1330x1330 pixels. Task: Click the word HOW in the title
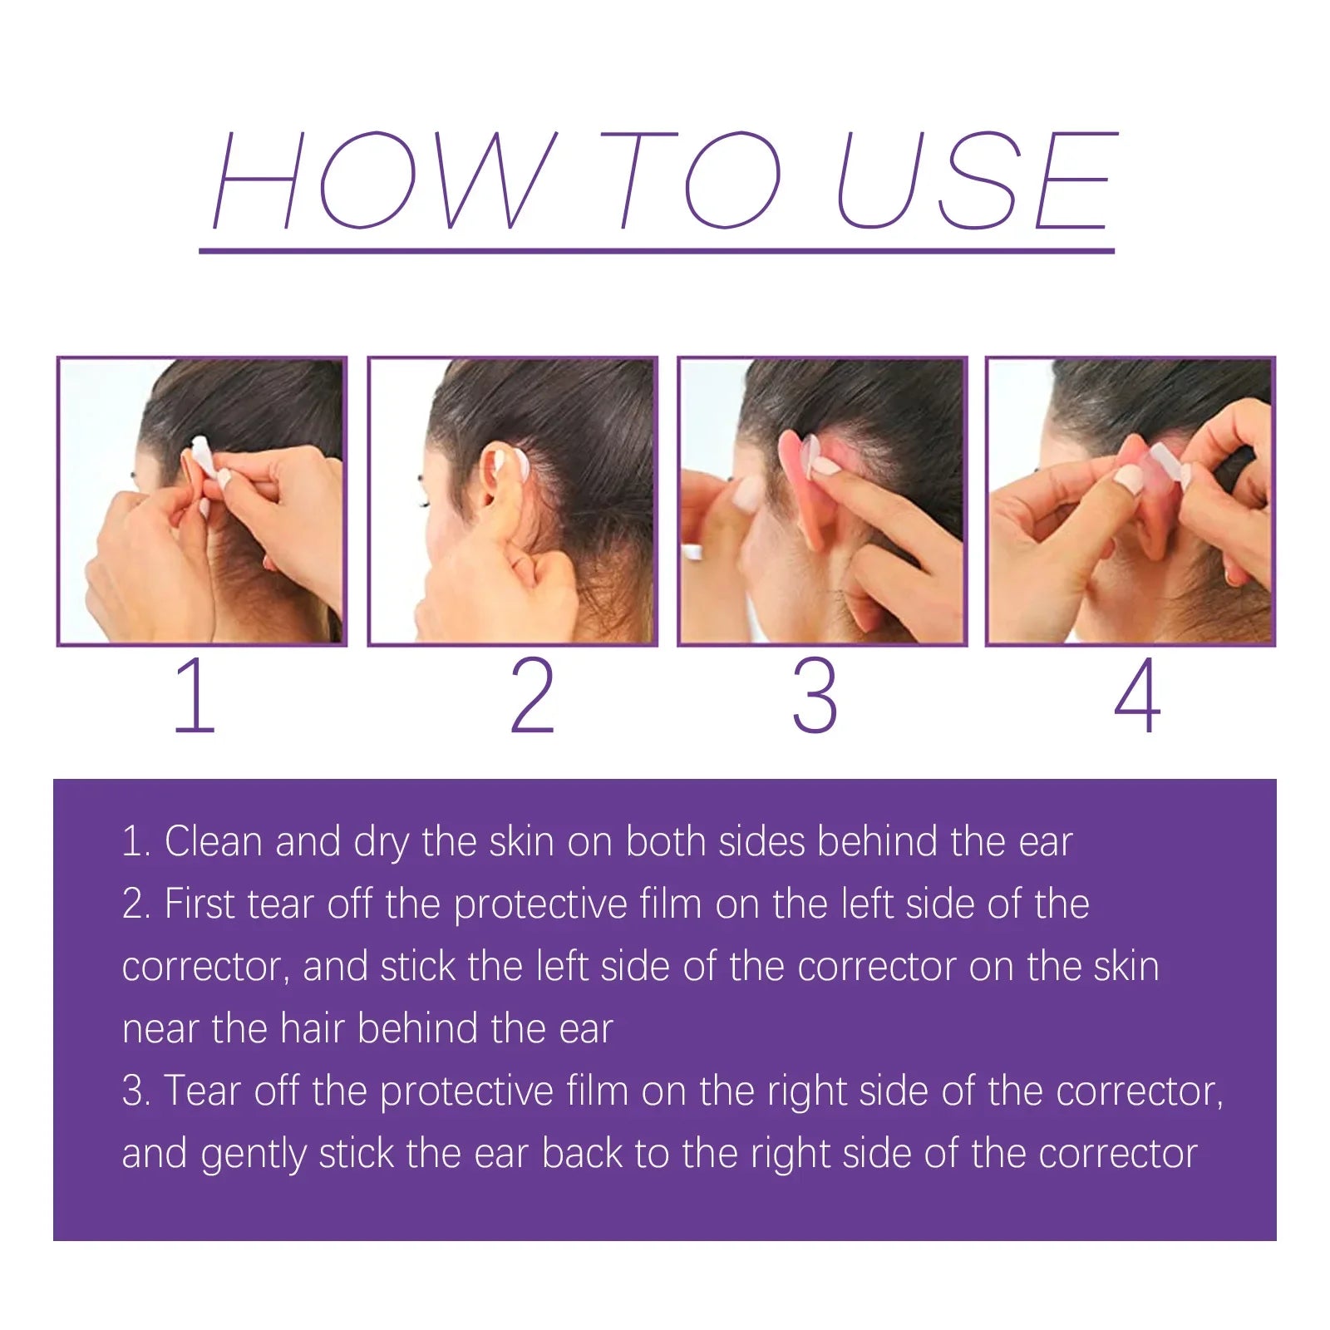tap(382, 180)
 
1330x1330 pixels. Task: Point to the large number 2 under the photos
tap(532, 696)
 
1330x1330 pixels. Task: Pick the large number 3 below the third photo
tap(815, 696)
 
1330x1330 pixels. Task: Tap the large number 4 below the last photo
tap(1136, 696)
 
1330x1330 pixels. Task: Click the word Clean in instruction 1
tap(213, 841)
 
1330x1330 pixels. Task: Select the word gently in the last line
tap(254, 1154)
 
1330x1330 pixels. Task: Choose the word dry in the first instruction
tap(381, 843)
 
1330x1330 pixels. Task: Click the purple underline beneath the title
tap(657, 250)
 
